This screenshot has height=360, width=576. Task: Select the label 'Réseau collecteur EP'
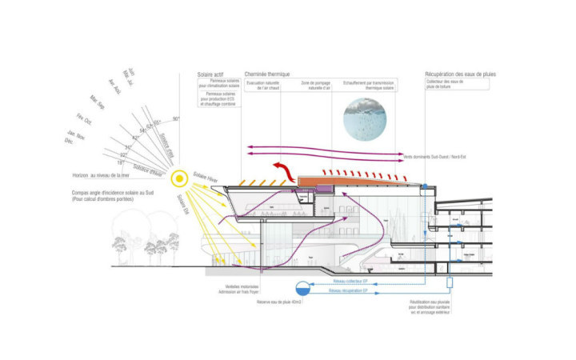tap(349, 281)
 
